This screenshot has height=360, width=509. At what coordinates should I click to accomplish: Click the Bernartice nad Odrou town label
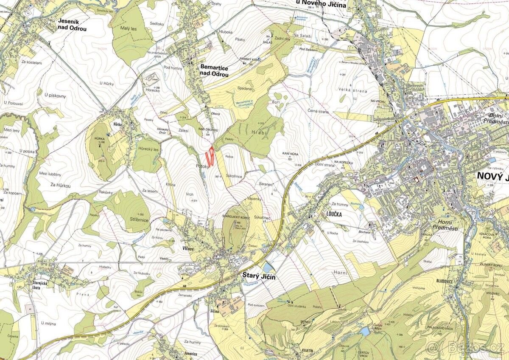(214, 71)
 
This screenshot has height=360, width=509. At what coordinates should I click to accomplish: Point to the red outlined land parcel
(209, 157)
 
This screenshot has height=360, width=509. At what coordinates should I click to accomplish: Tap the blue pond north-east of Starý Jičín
(268, 267)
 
